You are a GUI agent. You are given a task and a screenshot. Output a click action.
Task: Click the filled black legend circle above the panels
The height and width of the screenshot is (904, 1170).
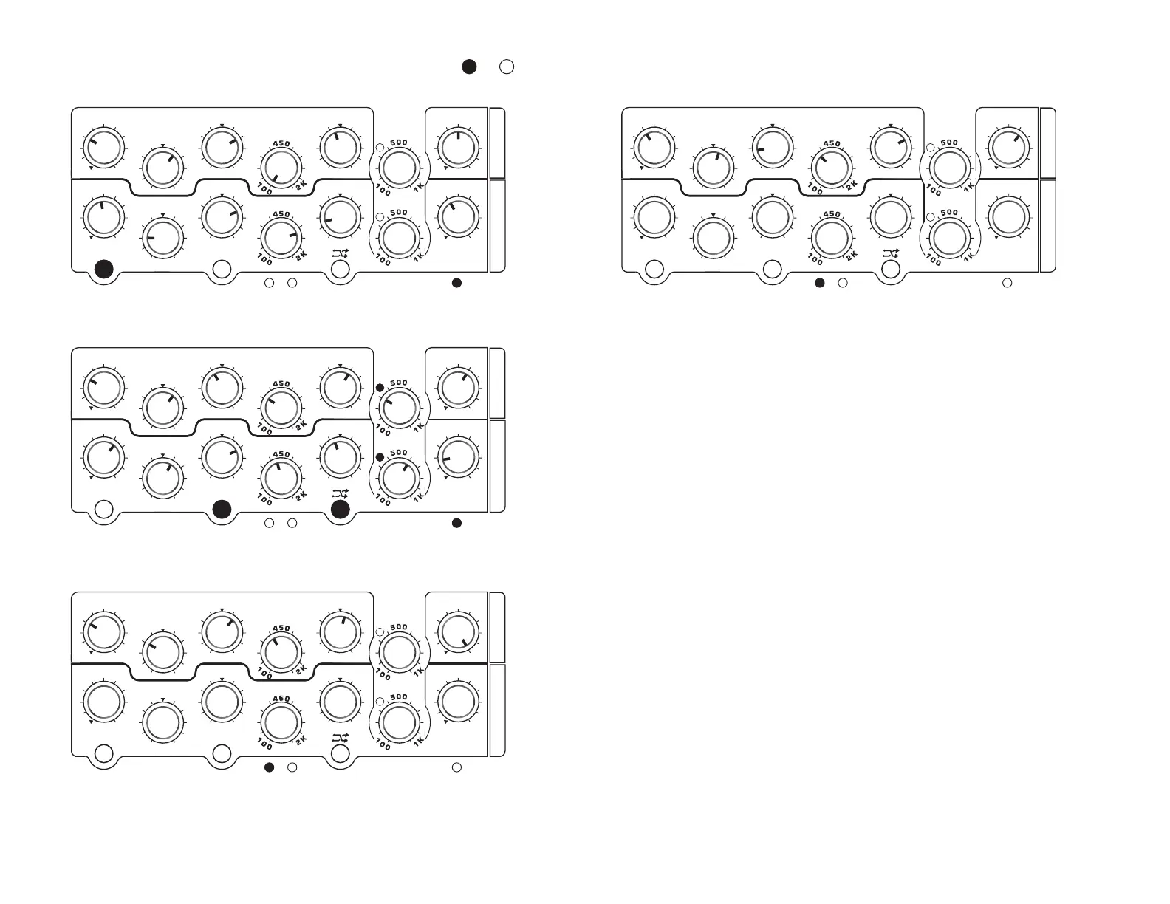(469, 66)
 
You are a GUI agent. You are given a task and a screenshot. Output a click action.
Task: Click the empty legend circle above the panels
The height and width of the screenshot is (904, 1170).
(507, 66)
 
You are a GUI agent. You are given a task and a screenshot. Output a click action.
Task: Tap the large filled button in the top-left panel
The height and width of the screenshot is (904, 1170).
(104, 270)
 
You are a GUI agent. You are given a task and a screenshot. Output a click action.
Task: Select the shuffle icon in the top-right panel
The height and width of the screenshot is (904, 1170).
(891, 253)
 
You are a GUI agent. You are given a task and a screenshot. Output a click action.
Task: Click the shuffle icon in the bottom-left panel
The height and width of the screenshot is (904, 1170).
(340, 738)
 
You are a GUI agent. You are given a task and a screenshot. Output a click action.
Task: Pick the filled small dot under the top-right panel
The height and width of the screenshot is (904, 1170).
(820, 283)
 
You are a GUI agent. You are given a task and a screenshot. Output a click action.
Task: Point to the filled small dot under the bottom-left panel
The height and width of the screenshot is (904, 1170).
(270, 767)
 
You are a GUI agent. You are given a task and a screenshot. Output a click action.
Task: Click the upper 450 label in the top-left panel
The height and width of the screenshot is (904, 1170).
(281, 144)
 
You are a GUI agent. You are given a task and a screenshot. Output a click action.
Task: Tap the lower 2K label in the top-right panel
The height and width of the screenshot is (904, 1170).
(852, 256)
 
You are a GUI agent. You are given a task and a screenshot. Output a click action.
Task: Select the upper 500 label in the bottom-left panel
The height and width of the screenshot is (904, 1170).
(399, 627)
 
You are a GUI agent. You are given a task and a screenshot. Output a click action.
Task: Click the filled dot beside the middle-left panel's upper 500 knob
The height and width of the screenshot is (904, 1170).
(380, 388)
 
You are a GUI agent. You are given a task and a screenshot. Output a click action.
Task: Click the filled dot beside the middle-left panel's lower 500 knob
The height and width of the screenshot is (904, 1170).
(380, 458)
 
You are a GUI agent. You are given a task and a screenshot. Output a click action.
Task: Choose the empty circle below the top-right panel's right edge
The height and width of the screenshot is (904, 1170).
(1007, 283)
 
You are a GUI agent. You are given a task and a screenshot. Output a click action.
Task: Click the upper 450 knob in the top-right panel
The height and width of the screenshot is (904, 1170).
(832, 168)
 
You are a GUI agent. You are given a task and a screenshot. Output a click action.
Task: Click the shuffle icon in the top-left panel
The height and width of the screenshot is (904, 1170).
(340, 253)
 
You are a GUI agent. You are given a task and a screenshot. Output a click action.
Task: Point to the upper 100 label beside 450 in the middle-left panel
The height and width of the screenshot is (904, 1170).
(264, 428)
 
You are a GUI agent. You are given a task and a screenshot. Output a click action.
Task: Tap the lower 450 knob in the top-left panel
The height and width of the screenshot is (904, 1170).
(281, 238)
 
